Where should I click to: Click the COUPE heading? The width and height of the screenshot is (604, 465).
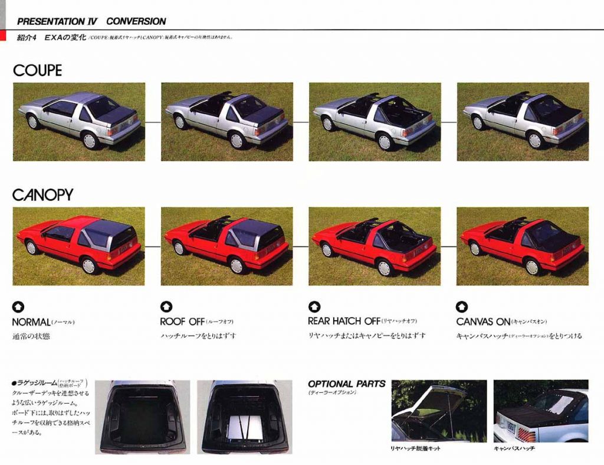[x=37, y=70]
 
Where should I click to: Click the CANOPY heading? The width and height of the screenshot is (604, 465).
[x=42, y=194]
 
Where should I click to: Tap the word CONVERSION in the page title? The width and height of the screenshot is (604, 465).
[x=136, y=21]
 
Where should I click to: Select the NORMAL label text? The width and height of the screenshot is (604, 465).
[x=31, y=322]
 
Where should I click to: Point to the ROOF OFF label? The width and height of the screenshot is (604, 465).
[x=182, y=322]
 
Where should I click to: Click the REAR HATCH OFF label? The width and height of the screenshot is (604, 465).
[x=344, y=321]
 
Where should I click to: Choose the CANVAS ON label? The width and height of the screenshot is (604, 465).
[x=483, y=322]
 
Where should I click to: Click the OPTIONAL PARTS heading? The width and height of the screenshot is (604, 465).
[x=346, y=384]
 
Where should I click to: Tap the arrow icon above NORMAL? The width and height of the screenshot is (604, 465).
[x=18, y=307]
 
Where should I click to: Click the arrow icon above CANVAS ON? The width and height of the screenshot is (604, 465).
[x=462, y=307]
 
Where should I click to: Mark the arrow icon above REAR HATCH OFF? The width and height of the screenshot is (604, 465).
[x=314, y=307]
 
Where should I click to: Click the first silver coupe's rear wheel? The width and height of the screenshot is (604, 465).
[x=89, y=141]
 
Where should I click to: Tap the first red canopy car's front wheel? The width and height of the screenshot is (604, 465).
[x=31, y=247]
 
